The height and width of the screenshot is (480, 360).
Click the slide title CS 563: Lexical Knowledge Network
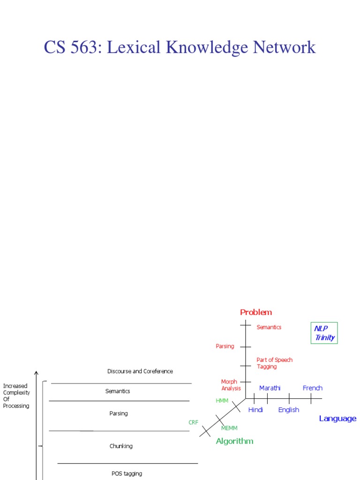point(180,47)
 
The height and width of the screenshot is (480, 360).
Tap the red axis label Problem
point(256,312)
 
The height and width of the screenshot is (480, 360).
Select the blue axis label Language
point(337,419)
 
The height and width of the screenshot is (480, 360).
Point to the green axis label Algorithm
point(234,441)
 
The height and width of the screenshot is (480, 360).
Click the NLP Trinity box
point(324,333)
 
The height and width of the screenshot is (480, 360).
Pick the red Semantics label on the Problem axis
point(269,327)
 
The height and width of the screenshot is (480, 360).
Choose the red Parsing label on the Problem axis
point(225,346)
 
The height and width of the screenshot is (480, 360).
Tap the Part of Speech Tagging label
point(274,363)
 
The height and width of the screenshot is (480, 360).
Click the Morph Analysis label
point(231,385)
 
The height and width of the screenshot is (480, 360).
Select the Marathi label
point(270,388)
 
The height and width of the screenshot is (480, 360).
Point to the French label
point(313,388)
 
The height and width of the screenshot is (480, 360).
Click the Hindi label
point(255,410)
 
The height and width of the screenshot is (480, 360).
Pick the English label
point(289,410)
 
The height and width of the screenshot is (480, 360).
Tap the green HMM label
point(222,401)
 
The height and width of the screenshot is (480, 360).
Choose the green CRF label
point(194,422)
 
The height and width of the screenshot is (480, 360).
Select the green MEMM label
point(229,428)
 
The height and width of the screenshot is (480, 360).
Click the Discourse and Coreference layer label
point(140,371)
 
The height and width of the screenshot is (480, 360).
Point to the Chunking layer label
point(121,446)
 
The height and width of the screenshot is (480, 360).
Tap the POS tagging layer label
point(127,473)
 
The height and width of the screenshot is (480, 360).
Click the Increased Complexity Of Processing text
point(16,396)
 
